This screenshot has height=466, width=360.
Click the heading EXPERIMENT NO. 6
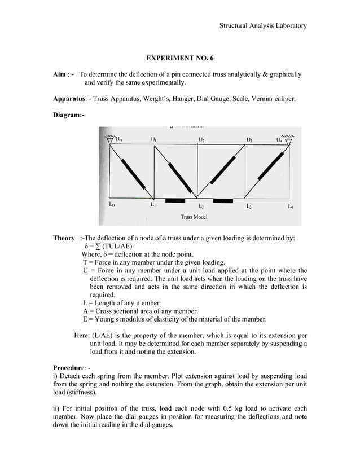tap(180, 58)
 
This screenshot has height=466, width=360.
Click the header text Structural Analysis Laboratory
tap(263, 25)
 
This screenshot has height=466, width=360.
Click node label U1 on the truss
tap(154, 139)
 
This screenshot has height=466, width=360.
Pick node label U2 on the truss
tap(201, 139)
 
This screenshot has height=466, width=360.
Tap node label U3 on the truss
tap(249, 139)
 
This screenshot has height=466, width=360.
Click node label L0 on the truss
tap(112, 205)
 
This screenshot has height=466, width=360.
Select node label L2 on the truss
tap(201, 207)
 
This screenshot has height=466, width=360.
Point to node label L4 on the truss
tap(290, 206)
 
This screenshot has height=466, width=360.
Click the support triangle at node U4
tap(288, 141)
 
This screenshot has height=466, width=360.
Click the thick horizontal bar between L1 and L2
tap(175, 200)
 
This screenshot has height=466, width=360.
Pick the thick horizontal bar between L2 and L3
tap(223, 200)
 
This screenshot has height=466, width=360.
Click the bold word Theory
tap(64, 238)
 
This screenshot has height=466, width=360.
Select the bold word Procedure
tap(71, 367)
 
